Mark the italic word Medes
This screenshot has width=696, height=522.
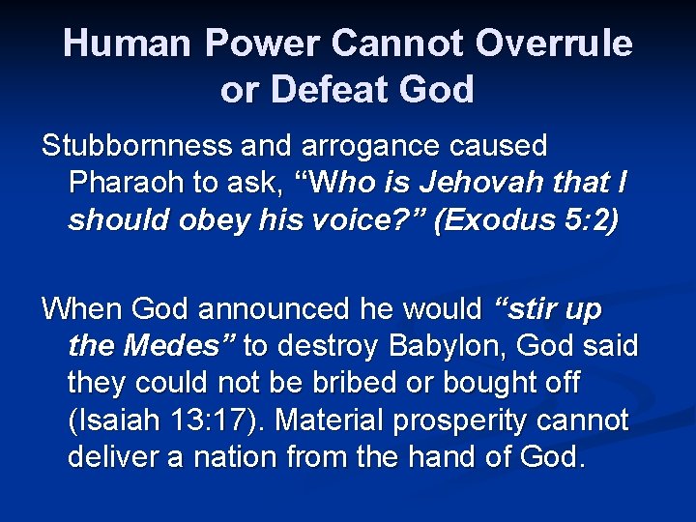click(188, 345)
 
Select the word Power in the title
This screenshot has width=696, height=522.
click(262, 43)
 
